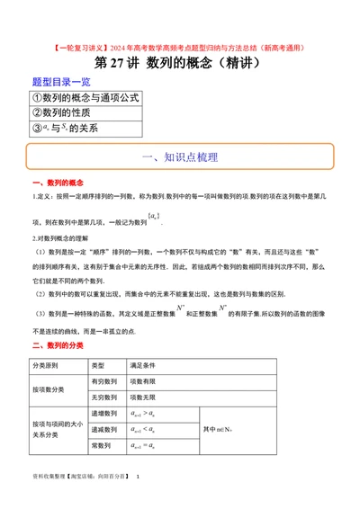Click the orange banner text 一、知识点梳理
pyautogui.click(x=180, y=156)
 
